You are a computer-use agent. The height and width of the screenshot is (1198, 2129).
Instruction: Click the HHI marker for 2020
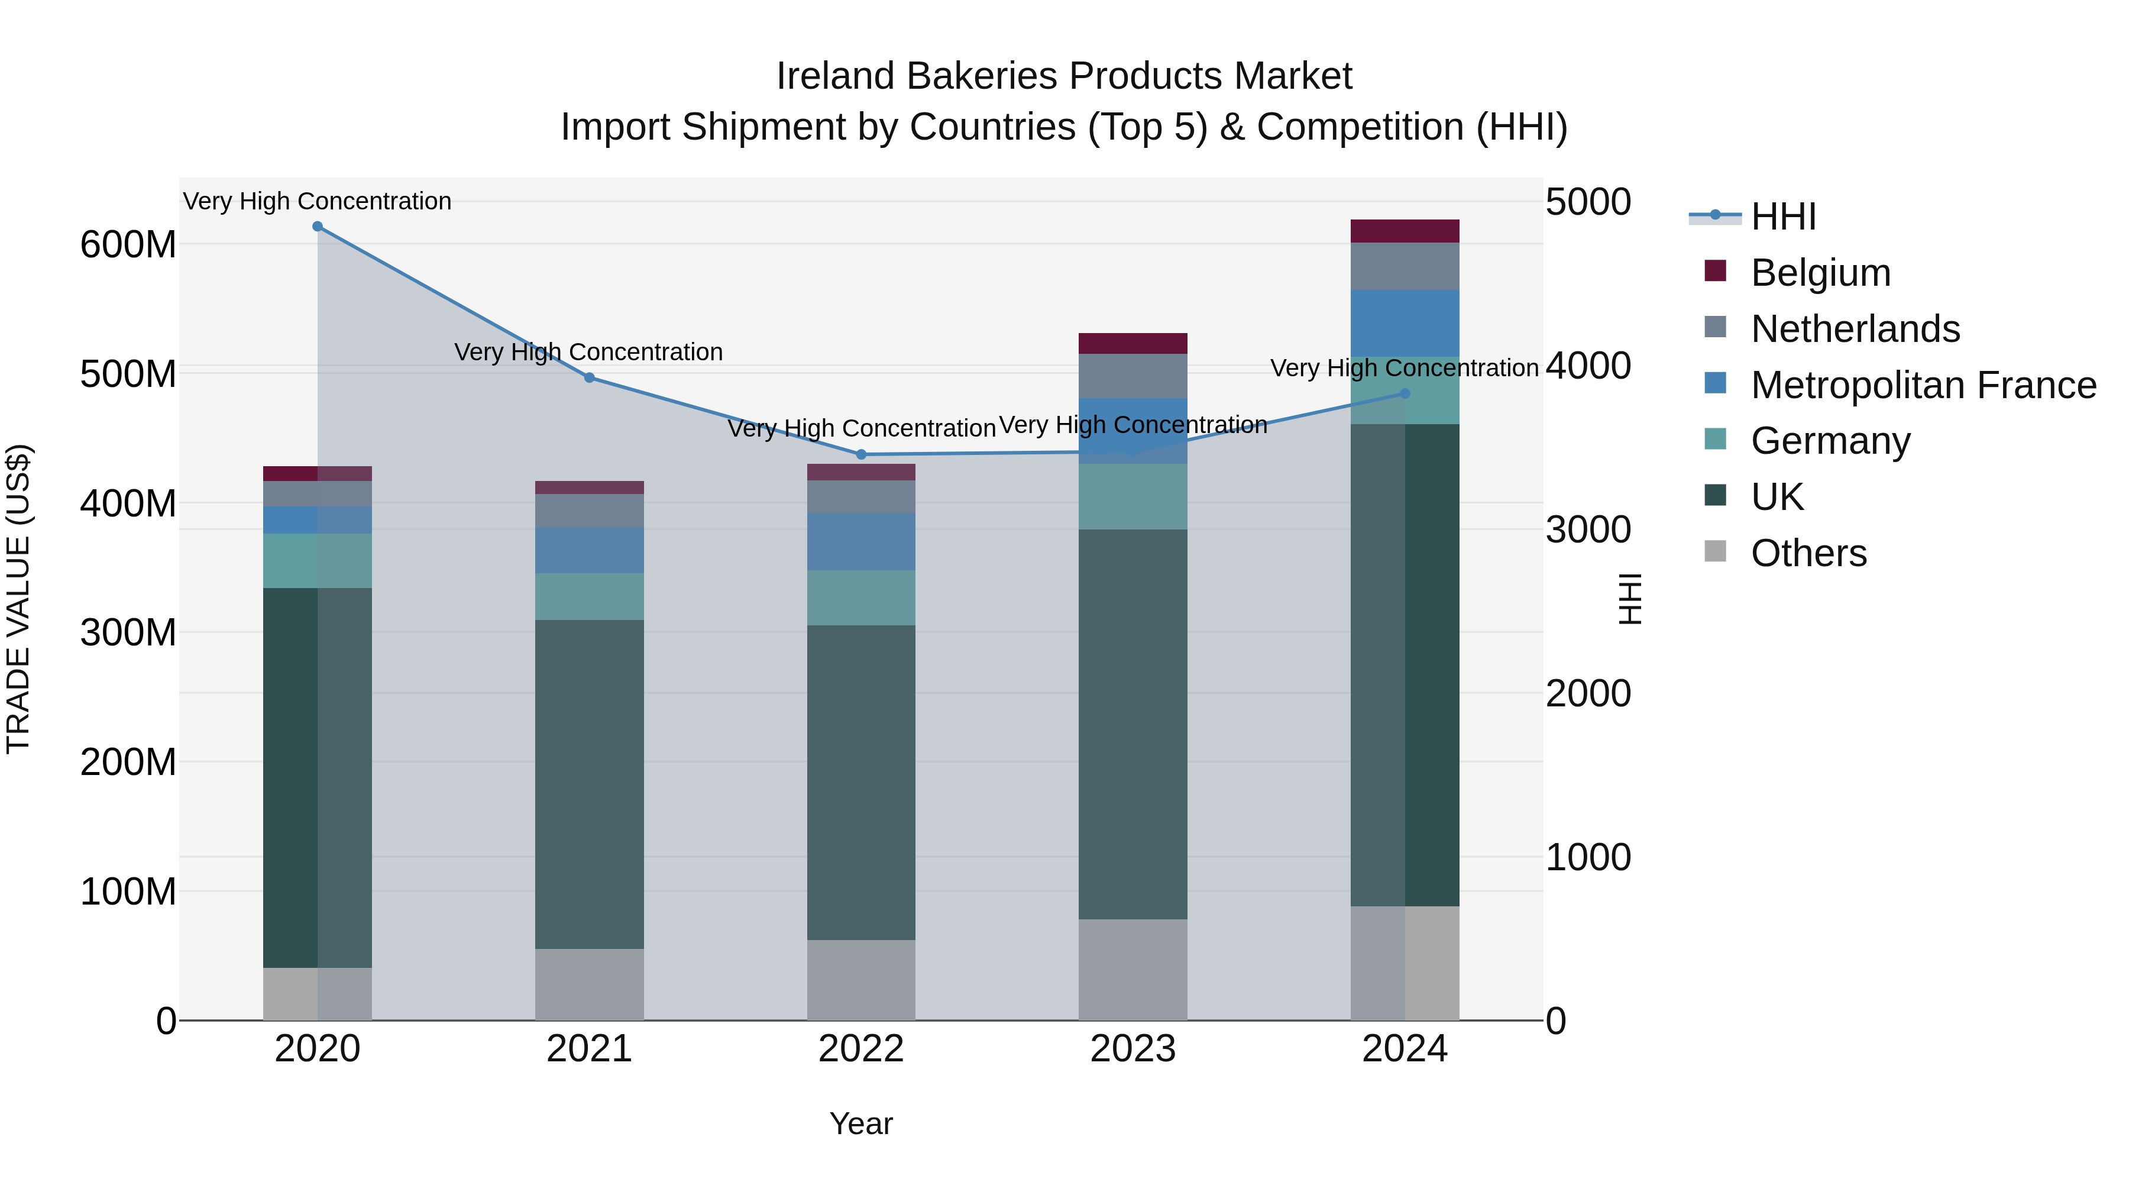318,227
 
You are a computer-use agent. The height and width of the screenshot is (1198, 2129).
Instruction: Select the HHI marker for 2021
589,378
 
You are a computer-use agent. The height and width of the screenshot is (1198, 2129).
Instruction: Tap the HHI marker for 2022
861,455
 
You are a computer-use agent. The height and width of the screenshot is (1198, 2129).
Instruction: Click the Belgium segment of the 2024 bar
1405,231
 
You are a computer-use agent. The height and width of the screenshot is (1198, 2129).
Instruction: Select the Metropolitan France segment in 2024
1405,323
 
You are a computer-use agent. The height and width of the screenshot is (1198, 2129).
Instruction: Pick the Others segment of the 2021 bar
589,984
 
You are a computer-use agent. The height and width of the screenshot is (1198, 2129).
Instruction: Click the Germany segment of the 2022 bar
861,598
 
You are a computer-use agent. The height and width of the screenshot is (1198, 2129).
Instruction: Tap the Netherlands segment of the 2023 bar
1133,376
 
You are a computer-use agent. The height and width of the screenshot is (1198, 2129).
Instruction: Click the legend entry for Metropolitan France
1923,385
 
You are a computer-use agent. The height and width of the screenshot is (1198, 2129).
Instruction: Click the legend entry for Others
1808,553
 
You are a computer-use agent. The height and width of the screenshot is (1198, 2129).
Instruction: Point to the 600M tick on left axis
128,245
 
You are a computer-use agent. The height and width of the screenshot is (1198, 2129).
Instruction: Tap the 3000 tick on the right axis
1588,530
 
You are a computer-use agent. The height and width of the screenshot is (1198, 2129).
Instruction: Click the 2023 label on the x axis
1133,1049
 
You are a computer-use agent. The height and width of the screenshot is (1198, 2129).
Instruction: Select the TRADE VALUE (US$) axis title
18,599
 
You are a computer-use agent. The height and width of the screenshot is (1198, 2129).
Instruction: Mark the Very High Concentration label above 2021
588,352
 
